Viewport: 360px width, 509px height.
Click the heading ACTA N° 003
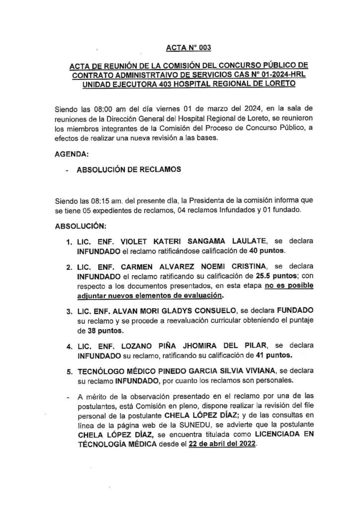(x=188, y=48)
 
